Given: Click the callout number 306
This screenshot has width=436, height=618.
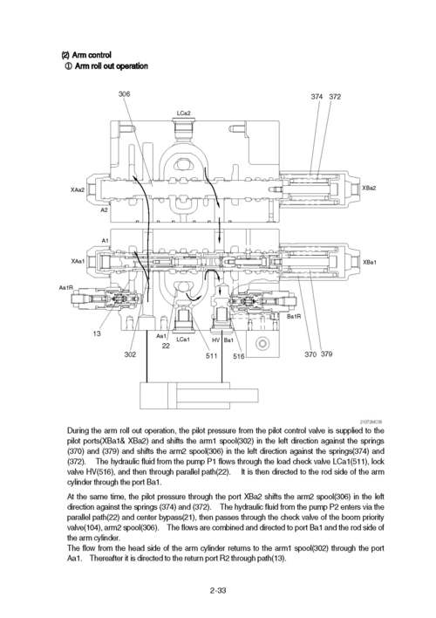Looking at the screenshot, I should click(124, 93).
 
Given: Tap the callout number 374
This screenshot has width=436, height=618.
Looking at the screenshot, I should click(317, 96).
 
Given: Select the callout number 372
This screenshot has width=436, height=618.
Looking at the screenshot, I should click(335, 96).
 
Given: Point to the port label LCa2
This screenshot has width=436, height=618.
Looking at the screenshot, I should click(183, 113).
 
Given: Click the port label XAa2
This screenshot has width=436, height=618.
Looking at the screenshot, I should click(78, 189).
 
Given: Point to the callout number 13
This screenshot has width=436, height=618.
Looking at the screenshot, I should click(98, 333).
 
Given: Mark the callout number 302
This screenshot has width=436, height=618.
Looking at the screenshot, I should click(130, 354).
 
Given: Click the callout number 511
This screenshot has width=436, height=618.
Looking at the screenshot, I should click(211, 355).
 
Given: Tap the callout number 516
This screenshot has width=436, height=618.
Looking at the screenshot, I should click(238, 355).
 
